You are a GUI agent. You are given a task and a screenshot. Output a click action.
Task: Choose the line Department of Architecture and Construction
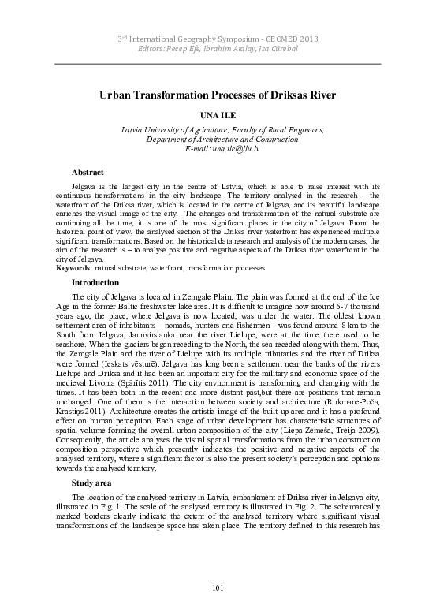tap(218, 139)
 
